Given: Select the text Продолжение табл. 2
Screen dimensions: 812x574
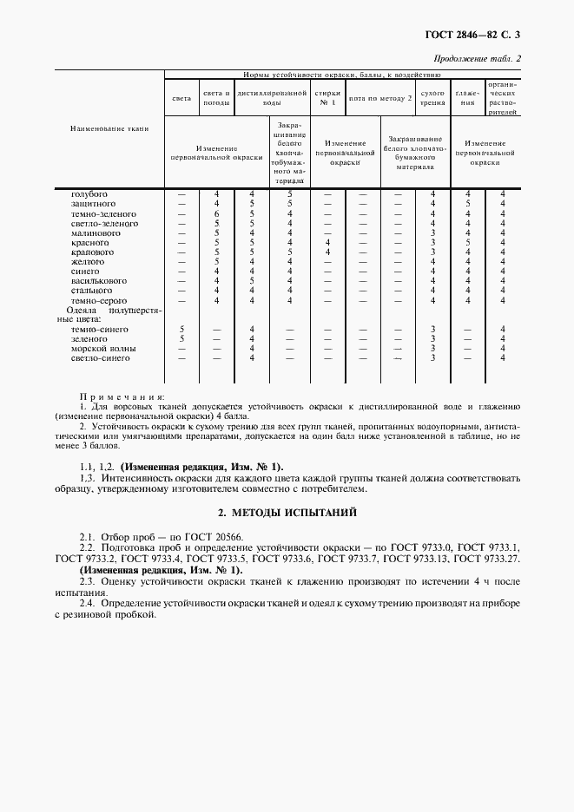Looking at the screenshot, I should (483, 59).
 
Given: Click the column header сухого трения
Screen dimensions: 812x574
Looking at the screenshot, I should (432, 96).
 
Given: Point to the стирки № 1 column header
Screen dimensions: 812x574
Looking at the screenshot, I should (327, 96).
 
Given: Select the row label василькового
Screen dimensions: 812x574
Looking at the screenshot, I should (98, 281).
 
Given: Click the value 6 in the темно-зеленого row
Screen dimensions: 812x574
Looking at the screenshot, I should (217, 213).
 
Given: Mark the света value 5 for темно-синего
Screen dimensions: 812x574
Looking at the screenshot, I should (181, 330).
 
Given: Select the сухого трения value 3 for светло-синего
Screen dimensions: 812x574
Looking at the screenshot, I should (432, 358).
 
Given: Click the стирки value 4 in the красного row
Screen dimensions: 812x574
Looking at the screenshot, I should (327, 242).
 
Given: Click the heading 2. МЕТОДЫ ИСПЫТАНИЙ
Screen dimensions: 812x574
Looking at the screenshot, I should (287, 513).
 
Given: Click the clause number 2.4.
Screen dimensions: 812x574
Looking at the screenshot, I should (87, 602).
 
